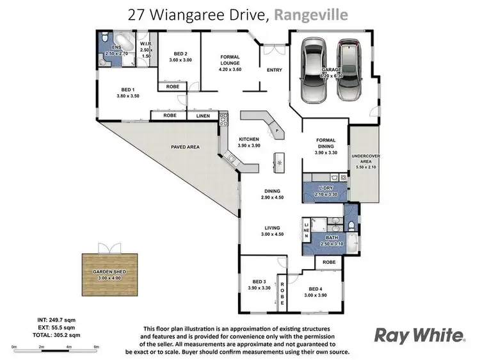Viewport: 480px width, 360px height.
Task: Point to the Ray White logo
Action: pos(419,334)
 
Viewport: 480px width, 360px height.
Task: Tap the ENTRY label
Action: pos(274,69)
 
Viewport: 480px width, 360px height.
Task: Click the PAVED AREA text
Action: pos(186,147)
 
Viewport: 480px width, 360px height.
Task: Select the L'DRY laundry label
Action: pos(326,188)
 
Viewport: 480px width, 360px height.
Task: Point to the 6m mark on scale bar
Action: pos(96,347)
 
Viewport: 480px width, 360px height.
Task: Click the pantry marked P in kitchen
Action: pos(276,130)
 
